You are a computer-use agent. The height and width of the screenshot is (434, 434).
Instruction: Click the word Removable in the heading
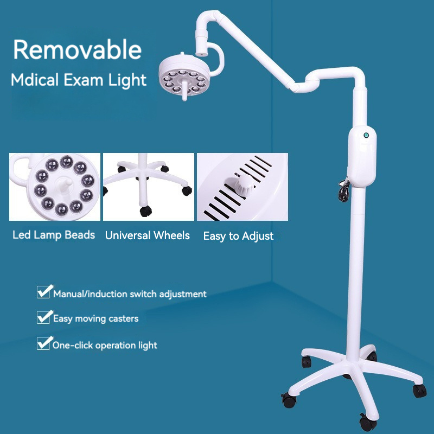(77, 50)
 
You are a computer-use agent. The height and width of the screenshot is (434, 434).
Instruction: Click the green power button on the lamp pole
(366, 135)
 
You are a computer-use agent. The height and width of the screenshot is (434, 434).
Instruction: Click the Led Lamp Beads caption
(54, 235)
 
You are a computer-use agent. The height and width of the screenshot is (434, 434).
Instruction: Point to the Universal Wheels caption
(147, 235)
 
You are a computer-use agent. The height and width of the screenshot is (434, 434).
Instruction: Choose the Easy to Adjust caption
(238, 236)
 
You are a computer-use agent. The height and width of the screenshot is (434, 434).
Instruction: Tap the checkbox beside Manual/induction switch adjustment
(43, 293)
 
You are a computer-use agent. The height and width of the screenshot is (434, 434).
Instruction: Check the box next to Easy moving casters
(43, 317)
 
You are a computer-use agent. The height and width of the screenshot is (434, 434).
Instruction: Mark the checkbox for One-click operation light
(43, 343)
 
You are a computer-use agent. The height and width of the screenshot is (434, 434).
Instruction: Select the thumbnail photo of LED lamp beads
(55, 187)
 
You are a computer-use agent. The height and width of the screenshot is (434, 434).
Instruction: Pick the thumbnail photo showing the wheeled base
(148, 187)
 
